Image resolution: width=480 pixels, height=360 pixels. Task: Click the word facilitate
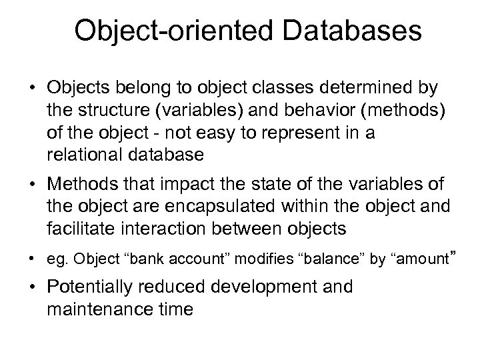(74, 229)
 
